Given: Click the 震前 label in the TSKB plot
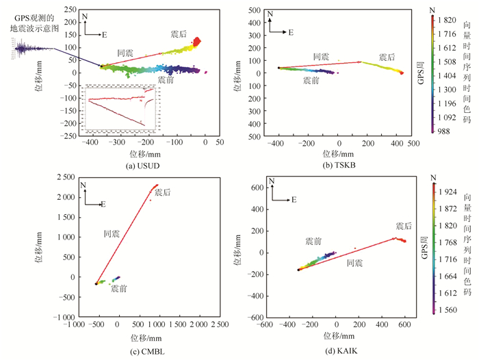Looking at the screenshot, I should pos(311,80).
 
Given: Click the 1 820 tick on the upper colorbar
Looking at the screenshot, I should pos(450,20).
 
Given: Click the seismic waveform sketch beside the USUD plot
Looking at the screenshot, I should pos(27,48).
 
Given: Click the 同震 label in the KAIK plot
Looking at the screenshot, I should pos(354,262).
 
